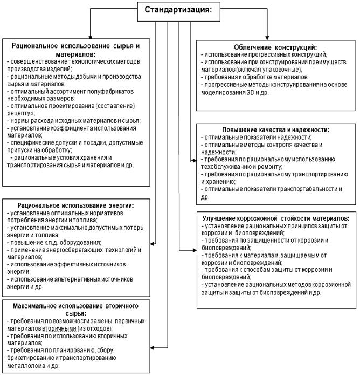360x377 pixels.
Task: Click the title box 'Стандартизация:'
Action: [x=182, y=10]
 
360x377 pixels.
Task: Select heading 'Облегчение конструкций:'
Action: [x=275, y=47]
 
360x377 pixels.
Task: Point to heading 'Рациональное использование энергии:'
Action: [x=75, y=205]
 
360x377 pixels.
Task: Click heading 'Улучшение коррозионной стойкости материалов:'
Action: [x=275, y=217]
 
